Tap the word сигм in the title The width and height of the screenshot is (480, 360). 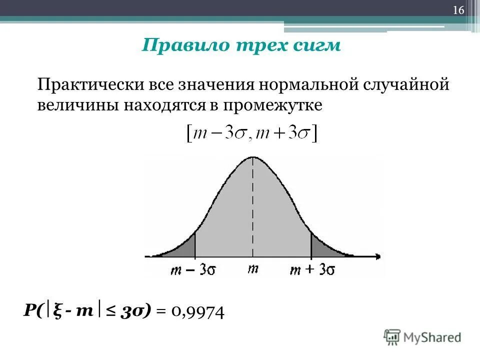point(317,45)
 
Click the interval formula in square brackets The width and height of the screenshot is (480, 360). point(252,134)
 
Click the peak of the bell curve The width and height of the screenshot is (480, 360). point(252,157)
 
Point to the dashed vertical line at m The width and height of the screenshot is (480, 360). point(252,210)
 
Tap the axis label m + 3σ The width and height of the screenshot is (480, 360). point(312,269)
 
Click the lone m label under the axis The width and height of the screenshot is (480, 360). point(253,268)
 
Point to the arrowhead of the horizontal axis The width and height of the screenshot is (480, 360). point(380,256)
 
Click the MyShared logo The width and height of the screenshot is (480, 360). point(422,337)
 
